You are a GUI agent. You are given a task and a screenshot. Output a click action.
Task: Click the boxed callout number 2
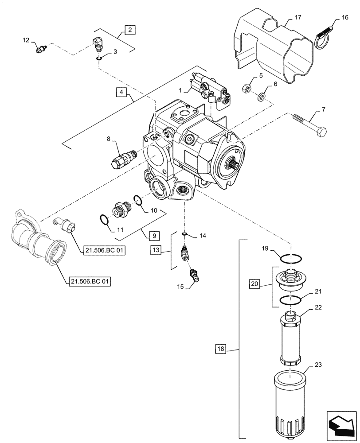[x=129, y=30]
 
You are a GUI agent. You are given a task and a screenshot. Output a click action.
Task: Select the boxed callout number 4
[x=121, y=93]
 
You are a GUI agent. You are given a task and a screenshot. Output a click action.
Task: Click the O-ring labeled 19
[x=291, y=257]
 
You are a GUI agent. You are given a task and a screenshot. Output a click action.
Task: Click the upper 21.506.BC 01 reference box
[x=103, y=251]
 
